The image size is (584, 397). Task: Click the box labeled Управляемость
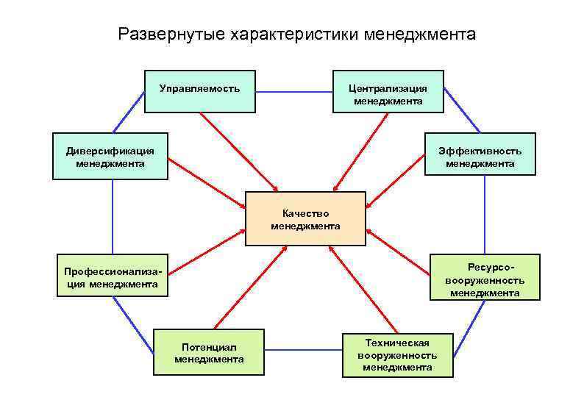(x=199, y=91)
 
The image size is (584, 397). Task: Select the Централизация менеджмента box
(x=388, y=91)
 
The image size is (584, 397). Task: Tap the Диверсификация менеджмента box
(x=110, y=156)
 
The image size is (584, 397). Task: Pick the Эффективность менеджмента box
(x=480, y=155)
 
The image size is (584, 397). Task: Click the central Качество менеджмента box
(x=305, y=218)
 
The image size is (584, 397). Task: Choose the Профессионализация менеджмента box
(x=113, y=276)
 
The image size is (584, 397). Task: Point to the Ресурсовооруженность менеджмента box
(x=484, y=277)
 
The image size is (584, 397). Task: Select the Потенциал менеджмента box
(x=208, y=352)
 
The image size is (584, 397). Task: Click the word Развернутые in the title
(x=171, y=35)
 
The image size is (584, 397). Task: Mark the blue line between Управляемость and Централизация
(x=294, y=91)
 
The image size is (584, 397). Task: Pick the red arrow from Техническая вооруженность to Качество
(x=363, y=289)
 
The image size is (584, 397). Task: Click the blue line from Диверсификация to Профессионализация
(x=113, y=217)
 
